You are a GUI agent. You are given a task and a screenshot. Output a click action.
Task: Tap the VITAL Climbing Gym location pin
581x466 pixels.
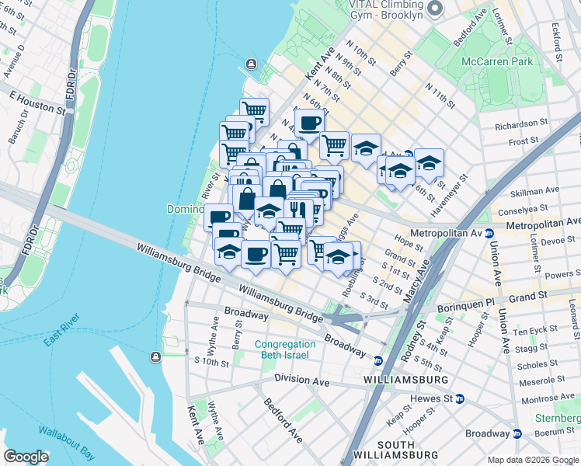(x=436, y=10)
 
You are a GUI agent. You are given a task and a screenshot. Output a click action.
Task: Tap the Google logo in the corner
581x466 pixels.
(x=26, y=457)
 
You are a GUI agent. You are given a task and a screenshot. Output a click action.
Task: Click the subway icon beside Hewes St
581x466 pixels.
(x=460, y=398)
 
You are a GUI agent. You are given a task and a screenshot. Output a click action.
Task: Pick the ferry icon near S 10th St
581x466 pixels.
(x=156, y=356)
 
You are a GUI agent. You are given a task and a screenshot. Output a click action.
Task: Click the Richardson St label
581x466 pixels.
(x=521, y=124)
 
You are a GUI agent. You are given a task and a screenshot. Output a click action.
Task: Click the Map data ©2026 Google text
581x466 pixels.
(x=533, y=460)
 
